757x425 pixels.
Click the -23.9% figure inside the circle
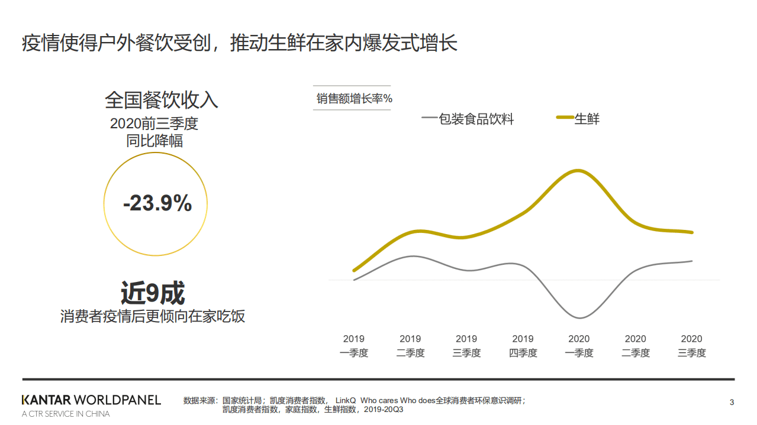[x=157, y=204]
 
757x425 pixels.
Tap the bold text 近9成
[x=153, y=293]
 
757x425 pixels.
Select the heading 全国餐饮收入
[x=162, y=99]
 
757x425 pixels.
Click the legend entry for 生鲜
[x=578, y=119]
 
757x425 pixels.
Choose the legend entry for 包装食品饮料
[x=468, y=119]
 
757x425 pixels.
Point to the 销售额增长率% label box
[x=354, y=98]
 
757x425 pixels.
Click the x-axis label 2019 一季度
[x=354, y=346]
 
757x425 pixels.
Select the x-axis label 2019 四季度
[x=523, y=346]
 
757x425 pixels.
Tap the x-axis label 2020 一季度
[x=579, y=346]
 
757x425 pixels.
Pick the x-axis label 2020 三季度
[x=691, y=346]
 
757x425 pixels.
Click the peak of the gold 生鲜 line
[x=578, y=171]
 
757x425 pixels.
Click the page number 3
[x=732, y=403]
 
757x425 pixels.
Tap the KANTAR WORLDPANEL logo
[x=91, y=400]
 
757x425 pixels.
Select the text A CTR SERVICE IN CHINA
[x=66, y=414]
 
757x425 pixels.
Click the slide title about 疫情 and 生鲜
[x=240, y=43]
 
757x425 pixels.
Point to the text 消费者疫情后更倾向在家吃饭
[x=153, y=316]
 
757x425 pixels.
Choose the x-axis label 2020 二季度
[x=635, y=346]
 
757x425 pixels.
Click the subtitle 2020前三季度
[x=154, y=124]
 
